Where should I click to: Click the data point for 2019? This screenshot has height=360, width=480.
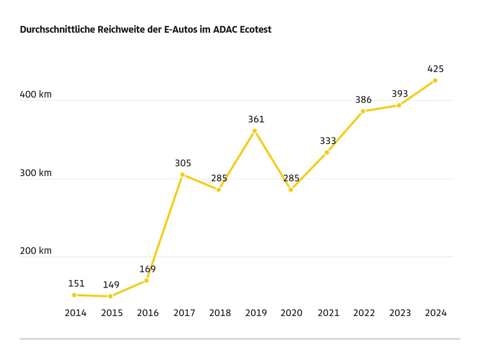tap(255, 131)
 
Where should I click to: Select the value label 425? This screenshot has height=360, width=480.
tap(435, 69)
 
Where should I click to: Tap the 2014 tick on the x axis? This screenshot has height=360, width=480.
tap(75, 313)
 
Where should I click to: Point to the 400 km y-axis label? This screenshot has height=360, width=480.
tap(36, 94)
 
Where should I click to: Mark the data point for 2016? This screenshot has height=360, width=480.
tap(146, 280)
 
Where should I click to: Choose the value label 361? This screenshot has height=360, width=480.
tap(256, 120)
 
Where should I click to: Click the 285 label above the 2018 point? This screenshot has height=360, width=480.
tap(219, 178)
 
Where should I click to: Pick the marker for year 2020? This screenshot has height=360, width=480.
tap(291, 189)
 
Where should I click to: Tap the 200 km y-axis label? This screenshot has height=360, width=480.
tap(36, 251)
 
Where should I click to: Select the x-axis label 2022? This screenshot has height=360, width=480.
tap(364, 313)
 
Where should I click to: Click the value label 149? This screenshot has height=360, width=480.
tap(111, 285)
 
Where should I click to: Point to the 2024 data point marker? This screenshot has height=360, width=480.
tap(435, 81)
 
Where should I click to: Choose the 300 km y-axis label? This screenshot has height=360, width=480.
tap(36, 173)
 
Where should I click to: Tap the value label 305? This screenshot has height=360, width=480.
tap(183, 163)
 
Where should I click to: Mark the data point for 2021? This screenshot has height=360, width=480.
tap(327, 152)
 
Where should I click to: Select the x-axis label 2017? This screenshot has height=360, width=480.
tap(184, 313)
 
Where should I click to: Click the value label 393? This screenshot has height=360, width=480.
tap(400, 94)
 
